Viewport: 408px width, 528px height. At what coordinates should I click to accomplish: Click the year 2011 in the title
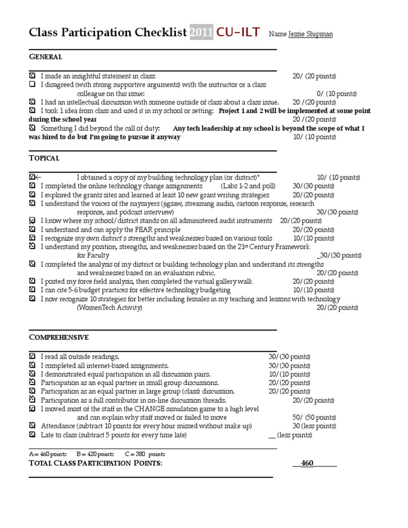click(x=201, y=32)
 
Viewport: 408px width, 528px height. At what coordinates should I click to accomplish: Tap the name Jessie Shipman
click(x=311, y=35)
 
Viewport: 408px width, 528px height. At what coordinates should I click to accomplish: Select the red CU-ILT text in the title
click(x=237, y=32)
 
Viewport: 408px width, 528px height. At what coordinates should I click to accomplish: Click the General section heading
click(x=45, y=57)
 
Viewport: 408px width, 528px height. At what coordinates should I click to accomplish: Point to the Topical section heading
click(x=44, y=158)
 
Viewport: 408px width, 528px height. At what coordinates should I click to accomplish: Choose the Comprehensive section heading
click(x=58, y=337)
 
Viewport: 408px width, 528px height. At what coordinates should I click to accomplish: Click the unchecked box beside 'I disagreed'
click(x=32, y=85)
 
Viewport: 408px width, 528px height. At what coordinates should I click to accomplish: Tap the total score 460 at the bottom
click(x=307, y=463)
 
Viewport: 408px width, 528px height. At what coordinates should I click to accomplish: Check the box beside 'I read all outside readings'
click(x=32, y=357)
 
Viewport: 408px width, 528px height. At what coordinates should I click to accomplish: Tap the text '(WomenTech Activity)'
click(x=110, y=308)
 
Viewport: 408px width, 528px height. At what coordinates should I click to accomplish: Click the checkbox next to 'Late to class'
click(x=32, y=435)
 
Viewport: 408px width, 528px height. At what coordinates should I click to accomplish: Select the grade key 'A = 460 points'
click(x=48, y=454)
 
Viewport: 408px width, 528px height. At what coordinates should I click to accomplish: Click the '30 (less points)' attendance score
click(x=314, y=426)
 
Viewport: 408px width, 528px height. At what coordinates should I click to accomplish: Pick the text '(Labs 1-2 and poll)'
click(x=248, y=186)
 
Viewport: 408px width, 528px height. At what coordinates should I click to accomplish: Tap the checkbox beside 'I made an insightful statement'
click(x=32, y=76)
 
